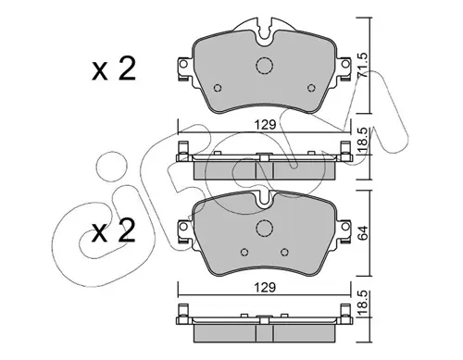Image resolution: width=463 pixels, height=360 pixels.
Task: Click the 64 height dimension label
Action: [363, 233]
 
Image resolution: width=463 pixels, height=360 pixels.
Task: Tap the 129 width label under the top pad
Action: [265, 125]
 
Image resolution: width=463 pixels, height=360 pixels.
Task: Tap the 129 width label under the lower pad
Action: [265, 288]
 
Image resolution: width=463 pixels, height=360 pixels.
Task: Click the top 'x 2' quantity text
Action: [114, 69]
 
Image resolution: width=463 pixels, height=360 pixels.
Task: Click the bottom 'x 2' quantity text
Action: [114, 230]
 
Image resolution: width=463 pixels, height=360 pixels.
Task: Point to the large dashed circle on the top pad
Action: [265, 66]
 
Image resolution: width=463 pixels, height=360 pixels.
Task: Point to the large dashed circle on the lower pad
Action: [265, 229]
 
